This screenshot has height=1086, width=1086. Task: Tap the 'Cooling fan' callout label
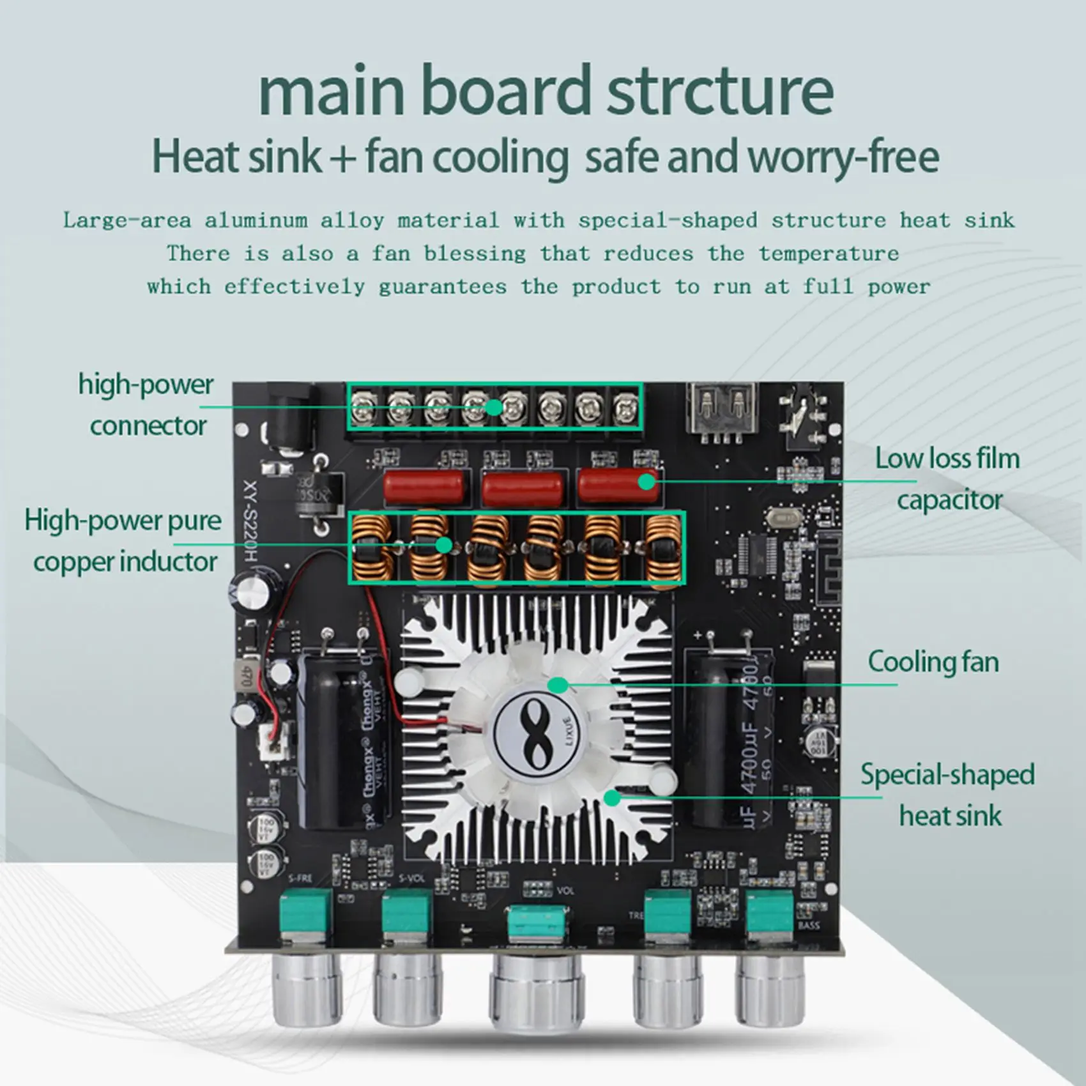coord(933,662)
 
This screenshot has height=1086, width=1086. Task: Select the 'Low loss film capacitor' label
coord(948,479)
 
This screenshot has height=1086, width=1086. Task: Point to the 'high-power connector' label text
coord(147,405)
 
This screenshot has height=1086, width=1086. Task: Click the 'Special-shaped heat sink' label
coord(948,795)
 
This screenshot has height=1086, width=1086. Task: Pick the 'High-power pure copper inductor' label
coord(124,541)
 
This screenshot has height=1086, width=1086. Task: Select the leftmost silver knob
coord(307,993)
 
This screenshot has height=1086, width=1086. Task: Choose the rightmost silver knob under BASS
coord(769,993)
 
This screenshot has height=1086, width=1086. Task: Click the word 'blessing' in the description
coord(475,254)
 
